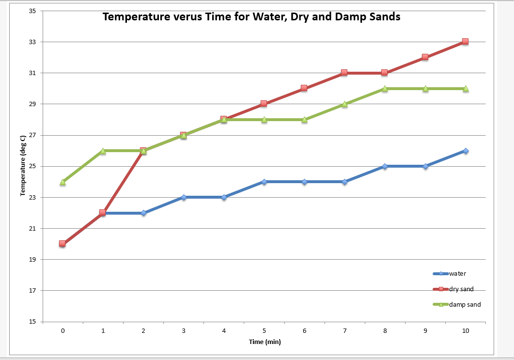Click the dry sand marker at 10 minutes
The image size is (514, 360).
tap(465, 42)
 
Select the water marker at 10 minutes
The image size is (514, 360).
tap(465, 151)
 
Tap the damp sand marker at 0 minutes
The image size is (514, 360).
tap(62, 182)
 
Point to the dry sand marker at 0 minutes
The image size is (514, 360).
tap(62, 244)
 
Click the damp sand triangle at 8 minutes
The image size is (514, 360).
tap(385, 88)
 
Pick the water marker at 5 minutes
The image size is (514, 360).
tap(264, 182)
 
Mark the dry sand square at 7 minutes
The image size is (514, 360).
tap(344, 73)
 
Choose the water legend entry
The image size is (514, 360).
tap(457, 274)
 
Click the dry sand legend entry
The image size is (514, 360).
tap(461, 289)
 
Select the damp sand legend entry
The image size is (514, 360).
tap(465, 305)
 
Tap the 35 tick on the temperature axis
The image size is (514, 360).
tap(33, 11)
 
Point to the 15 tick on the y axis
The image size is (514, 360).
tap(33, 322)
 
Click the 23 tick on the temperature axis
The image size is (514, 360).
tap(33, 197)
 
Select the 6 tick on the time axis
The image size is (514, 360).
tap(304, 330)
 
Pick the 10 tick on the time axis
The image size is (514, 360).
tap(465, 330)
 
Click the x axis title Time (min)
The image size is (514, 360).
tap(265, 342)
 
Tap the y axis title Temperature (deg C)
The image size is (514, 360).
tap(23, 166)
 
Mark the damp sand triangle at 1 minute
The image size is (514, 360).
tap(103, 151)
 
